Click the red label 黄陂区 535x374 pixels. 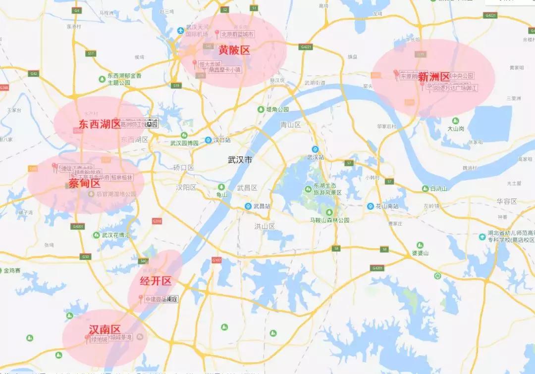pos(234,50)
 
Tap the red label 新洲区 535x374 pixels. pos(433,77)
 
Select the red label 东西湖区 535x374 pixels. pos(99,124)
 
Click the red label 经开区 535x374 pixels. pos(156,281)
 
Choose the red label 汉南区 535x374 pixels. pos(105,329)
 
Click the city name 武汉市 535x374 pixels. pos(240,160)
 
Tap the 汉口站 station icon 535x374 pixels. pos(209,140)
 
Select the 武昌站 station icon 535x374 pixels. pos(248,206)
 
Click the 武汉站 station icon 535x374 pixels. pos(315,149)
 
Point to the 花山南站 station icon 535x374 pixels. pos(370,206)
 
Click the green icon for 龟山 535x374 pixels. pos(221,187)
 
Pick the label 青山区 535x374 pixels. pos(291,125)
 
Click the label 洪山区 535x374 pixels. pos(265,226)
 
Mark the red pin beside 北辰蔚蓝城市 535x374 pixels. pos(216,33)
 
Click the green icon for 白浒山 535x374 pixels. pos(425,188)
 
